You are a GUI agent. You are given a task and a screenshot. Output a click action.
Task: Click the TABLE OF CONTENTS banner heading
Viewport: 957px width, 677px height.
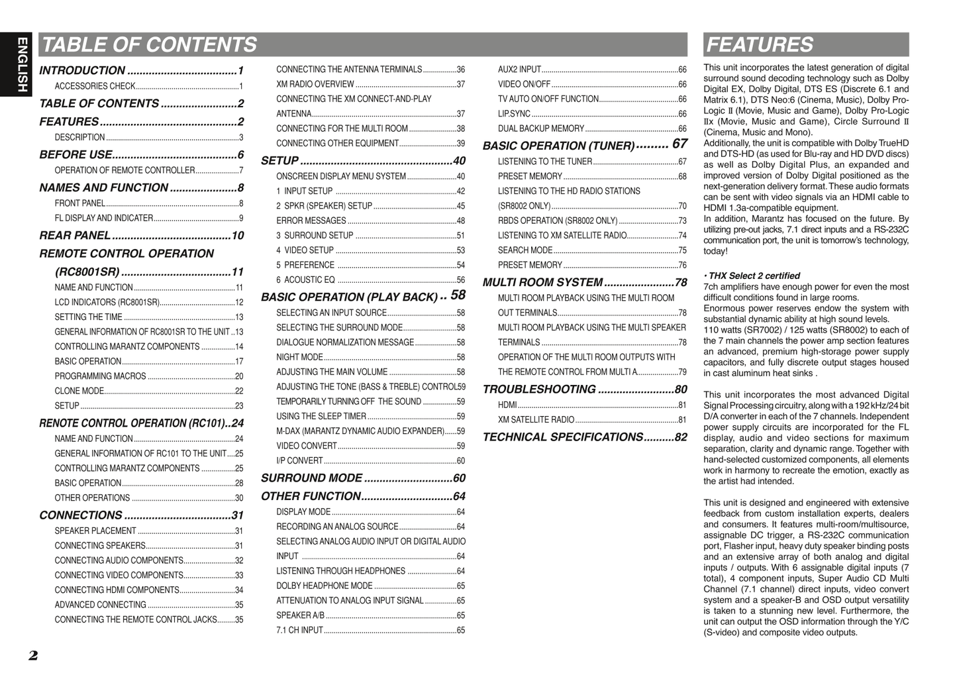click(149, 44)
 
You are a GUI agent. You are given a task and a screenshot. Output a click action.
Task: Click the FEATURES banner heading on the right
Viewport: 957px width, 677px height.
click(760, 44)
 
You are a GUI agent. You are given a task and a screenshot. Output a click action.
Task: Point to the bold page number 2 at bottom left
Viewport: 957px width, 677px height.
click(33, 656)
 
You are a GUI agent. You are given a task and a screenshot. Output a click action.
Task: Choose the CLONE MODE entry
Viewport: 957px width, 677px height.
click(79, 391)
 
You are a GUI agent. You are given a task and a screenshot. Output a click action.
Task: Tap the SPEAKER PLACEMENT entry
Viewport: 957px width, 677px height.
click(95, 531)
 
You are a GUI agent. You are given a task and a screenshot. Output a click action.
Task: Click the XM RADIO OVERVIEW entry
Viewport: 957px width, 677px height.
click(315, 84)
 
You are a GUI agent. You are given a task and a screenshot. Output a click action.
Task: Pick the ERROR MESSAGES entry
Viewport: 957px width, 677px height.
click(311, 221)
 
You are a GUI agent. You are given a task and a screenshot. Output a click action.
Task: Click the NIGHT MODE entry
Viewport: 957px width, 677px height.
click(299, 357)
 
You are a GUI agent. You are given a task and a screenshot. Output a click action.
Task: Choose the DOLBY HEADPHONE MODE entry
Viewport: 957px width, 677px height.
click(325, 586)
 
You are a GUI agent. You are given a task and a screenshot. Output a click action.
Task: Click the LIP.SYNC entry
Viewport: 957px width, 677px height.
click(514, 114)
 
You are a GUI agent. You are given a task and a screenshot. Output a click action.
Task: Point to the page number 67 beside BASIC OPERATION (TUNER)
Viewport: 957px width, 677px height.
click(680, 144)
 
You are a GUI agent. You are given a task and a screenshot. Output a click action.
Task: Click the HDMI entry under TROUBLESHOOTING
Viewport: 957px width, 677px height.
click(507, 405)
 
